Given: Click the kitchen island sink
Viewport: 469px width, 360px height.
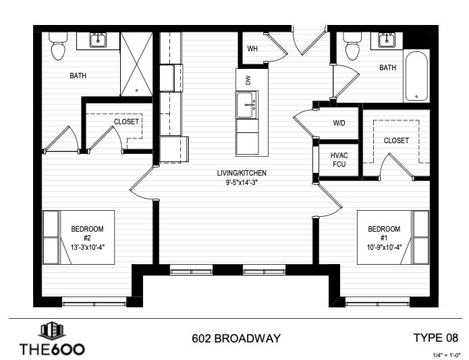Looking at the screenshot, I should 248,105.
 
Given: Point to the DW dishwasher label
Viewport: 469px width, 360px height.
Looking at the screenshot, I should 248,80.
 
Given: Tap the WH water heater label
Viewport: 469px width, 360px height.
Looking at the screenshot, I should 252,49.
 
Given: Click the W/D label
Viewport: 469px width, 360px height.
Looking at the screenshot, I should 339,124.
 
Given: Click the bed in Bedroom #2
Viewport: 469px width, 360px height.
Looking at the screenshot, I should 52,236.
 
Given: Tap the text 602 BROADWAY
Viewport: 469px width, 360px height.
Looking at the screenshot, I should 235,338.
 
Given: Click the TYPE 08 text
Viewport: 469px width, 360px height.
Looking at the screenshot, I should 435,337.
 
